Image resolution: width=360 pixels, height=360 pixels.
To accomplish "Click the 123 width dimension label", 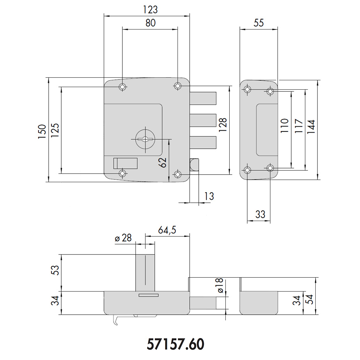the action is point(150,10).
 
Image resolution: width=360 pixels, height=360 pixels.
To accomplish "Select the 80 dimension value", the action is point(150,23).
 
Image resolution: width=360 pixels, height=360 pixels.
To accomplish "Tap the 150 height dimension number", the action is point(42,131).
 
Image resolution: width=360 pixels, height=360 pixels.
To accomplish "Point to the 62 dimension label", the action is point(163,163).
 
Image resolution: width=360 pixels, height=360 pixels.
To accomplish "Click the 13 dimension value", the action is point(209,196).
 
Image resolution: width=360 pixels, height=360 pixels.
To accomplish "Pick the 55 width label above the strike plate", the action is point(258,23).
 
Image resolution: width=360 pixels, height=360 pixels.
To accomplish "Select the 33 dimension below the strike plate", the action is point(260,215).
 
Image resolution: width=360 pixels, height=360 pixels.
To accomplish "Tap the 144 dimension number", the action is point(311,127).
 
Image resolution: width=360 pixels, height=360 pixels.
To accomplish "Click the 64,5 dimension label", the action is point(167,230).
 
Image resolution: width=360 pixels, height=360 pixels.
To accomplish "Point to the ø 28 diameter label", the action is point(123,238).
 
